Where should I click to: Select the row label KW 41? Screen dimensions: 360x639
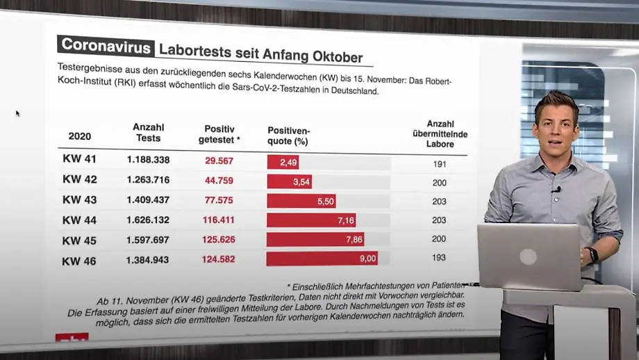79,159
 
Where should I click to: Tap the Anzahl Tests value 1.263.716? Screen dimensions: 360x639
148,180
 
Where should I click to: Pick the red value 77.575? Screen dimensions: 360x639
219,200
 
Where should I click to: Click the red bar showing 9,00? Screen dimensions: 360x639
322,259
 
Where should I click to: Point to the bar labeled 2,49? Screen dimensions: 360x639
283,162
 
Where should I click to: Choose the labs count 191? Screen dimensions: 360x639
439,165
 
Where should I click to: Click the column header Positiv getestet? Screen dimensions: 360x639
219,135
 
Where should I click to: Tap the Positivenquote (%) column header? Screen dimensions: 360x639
288,136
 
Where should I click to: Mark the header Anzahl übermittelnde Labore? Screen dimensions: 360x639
440,133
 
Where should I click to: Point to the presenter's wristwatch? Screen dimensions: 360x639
592,254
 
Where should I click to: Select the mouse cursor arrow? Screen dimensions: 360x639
17,113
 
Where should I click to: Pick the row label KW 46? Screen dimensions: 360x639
79,261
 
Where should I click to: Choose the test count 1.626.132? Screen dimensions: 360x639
148,220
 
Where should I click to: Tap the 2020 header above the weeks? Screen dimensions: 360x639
79,136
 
